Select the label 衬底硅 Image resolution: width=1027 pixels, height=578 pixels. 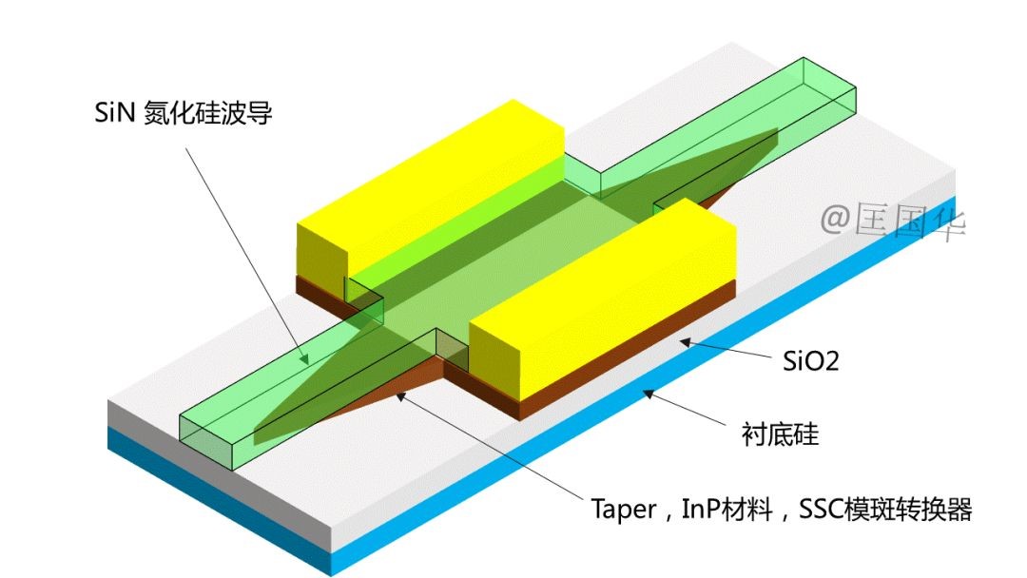pos(779,435)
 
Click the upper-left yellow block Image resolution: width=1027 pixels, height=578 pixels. pos(428,181)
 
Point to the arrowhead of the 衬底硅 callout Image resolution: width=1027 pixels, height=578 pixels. pos(646,391)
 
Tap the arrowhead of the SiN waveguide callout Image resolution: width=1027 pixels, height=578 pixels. pos(306,361)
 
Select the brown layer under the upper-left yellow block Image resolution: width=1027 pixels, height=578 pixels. pos(320,287)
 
